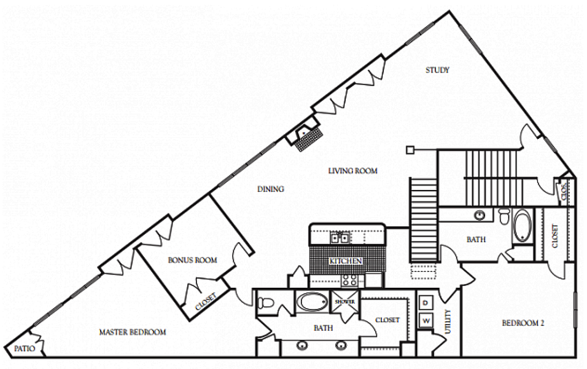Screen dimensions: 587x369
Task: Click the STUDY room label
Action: [437, 69]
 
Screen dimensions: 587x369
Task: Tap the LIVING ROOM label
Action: [352, 170]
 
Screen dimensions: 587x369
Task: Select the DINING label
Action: [271, 189]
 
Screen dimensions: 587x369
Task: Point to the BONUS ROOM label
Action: [192, 260]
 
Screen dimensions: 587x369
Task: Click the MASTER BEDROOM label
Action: [133, 332]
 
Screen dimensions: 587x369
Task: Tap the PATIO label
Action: [25, 349]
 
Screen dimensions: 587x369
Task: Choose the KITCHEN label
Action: [346, 261]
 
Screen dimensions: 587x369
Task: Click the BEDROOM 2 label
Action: [523, 323]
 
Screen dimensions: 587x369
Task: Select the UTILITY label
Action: [448, 322]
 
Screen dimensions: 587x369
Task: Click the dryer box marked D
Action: [426, 303]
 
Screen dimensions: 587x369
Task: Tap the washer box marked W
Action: [426, 320]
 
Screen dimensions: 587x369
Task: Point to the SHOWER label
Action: [345, 301]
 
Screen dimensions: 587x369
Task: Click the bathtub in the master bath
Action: [312, 302]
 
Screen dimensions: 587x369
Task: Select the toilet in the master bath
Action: [266, 302]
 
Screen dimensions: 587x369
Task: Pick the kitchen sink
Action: [340, 238]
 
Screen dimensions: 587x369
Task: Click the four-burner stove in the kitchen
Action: [349, 280]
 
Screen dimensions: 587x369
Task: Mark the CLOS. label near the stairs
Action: [564, 191]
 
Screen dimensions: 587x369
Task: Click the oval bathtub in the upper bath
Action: [522, 226]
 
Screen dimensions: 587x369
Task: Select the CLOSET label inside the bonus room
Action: [206, 301]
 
